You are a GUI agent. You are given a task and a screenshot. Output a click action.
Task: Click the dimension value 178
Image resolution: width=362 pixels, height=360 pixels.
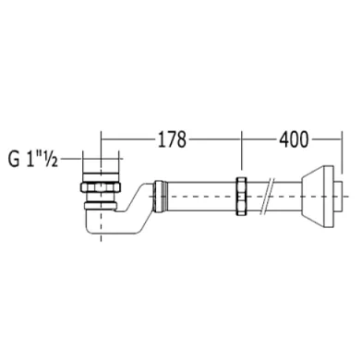[172, 139]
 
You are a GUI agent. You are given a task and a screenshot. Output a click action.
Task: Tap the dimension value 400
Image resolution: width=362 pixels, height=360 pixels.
[294, 139]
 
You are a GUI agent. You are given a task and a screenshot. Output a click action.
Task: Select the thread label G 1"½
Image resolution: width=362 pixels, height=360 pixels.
[33, 160]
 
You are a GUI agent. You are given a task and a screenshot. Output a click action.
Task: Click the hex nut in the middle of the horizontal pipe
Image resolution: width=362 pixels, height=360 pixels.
[241, 196]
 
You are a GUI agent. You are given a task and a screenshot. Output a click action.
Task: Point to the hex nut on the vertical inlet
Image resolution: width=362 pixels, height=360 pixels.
[101, 187]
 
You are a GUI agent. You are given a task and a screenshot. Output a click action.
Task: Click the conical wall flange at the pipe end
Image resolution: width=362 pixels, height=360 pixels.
[318, 197]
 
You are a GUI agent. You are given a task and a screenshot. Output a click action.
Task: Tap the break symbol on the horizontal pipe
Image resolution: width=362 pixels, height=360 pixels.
[267, 196]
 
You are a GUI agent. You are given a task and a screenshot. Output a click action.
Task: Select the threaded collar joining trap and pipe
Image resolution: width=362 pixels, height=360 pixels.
[160, 197]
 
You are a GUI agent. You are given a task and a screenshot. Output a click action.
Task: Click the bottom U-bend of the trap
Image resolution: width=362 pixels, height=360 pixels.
[102, 227]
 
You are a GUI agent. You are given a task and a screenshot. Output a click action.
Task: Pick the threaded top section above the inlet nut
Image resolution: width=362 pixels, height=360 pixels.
[101, 177]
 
